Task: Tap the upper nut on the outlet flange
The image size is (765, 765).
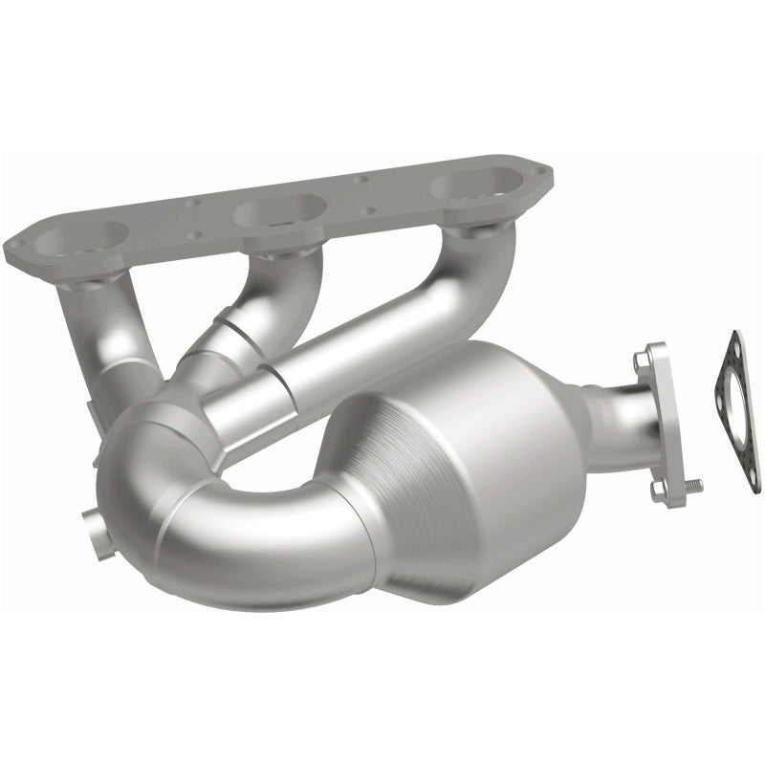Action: [x=639, y=361]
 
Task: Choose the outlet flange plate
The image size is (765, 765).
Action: [x=662, y=421]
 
